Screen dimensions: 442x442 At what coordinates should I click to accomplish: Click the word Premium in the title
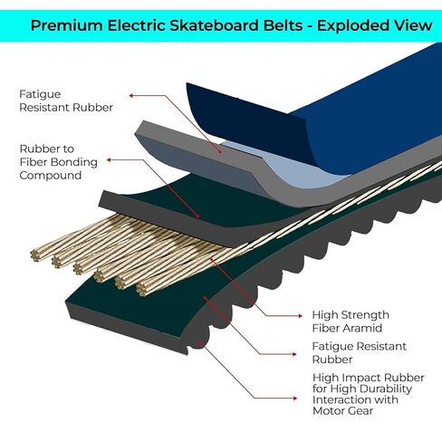tap(67, 25)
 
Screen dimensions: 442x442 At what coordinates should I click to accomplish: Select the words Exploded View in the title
tap(375, 25)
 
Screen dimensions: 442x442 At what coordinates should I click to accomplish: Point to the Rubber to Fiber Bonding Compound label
tap(59, 162)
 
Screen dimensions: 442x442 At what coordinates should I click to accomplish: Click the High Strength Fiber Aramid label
tap(351, 322)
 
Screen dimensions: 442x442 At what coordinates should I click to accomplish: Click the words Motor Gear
tap(342, 410)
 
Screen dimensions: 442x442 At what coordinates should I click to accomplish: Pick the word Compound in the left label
tap(51, 176)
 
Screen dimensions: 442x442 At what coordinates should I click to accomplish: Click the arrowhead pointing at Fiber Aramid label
tap(300, 316)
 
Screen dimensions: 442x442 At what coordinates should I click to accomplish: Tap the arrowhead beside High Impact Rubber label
tap(295, 399)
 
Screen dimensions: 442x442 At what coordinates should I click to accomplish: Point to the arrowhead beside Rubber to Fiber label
tap(110, 160)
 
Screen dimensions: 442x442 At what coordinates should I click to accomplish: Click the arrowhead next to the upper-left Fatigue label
tap(131, 96)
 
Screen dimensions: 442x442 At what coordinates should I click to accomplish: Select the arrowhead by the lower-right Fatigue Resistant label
tap(294, 354)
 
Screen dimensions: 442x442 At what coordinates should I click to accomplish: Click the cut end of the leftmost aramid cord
tap(35, 255)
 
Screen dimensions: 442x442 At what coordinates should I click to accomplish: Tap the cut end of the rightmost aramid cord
tap(141, 290)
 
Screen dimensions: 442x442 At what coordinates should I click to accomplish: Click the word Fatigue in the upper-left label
tap(40, 94)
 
